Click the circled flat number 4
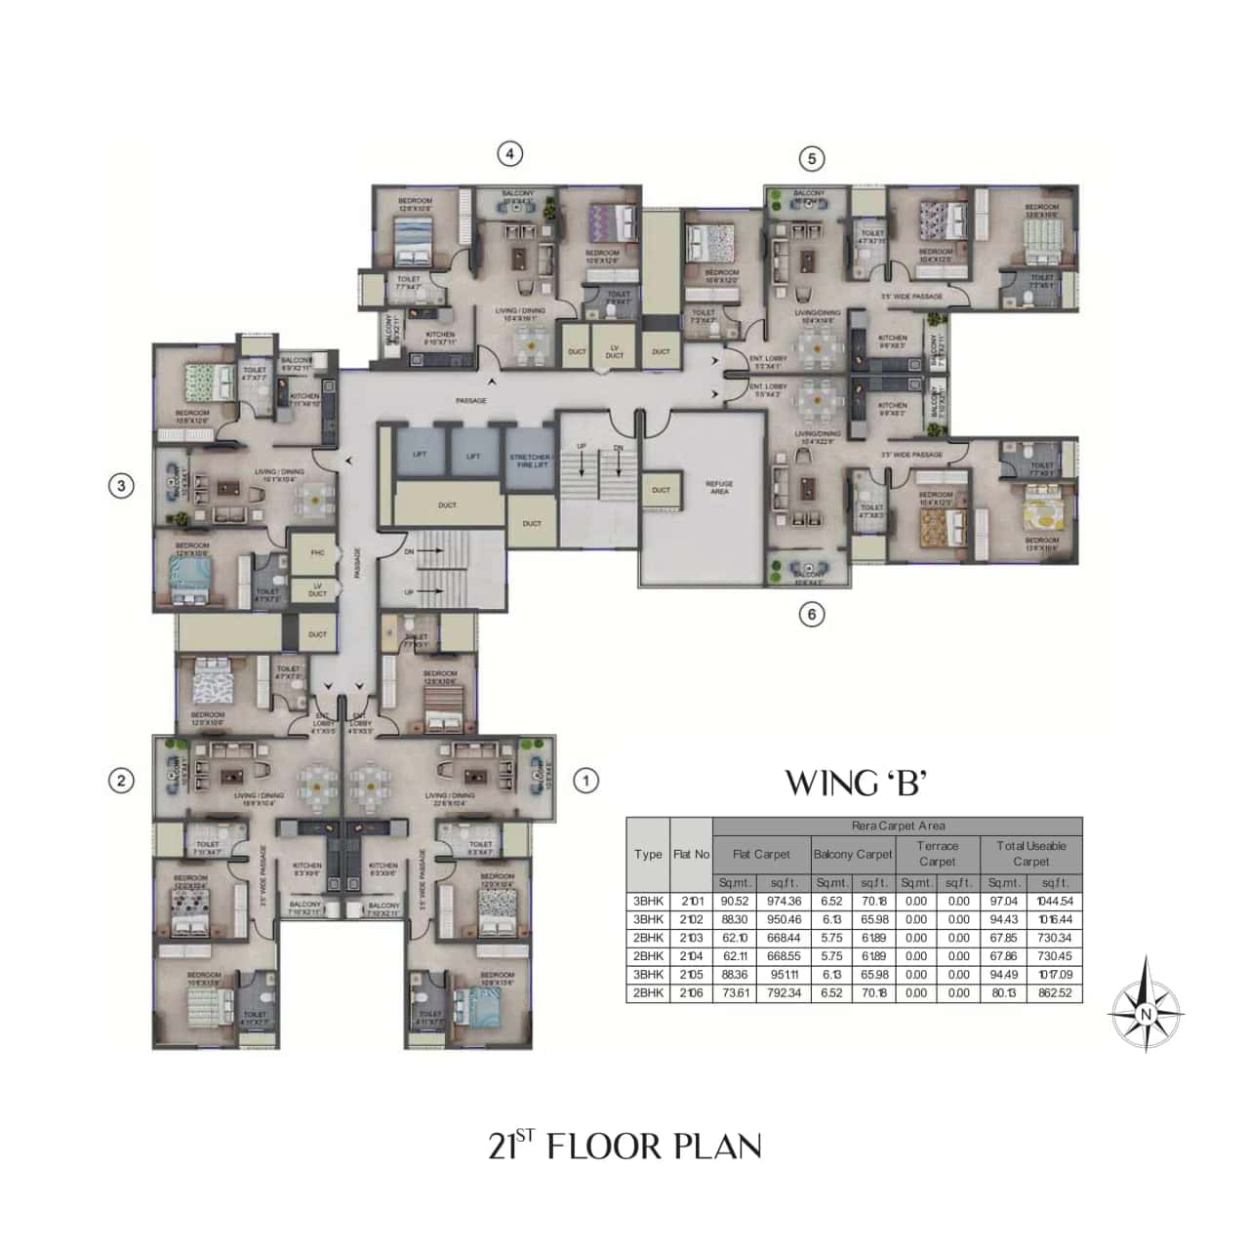coord(509,153)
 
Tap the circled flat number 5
coord(811,158)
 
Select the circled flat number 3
coord(121,485)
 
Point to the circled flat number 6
coord(811,615)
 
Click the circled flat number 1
coord(584,780)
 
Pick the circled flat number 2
coord(121,780)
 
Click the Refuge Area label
coord(719,487)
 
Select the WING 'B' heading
coord(850,783)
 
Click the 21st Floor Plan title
coord(624,1145)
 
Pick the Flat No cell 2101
coord(691,902)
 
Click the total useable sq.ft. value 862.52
coord(1054,993)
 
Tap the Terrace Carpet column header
coord(937,854)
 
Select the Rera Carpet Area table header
coord(898,826)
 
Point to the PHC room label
coord(317,553)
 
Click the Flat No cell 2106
coord(691,993)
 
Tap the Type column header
coord(648,854)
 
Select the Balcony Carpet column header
coord(853,854)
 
